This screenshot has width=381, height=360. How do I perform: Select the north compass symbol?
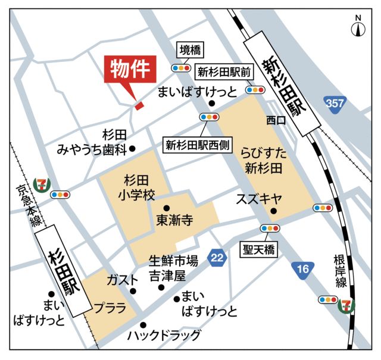(358, 27)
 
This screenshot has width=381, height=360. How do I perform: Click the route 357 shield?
(335, 104)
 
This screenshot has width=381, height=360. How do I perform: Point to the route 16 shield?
(304, 269)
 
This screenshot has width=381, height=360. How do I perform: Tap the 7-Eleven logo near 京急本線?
(42, 183)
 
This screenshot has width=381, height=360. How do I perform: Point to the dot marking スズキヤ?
(273, 211)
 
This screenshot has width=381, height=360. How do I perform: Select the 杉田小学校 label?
(136, 187)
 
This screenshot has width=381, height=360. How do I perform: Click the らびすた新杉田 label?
(264, 161)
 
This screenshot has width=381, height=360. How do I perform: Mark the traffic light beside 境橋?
(179, 68)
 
